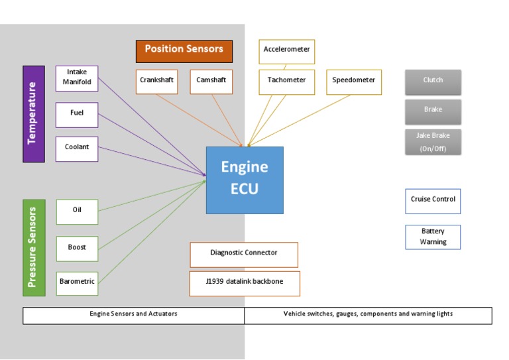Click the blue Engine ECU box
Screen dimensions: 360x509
tap(245, 180)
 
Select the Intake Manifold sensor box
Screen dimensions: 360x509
tap(77, 78)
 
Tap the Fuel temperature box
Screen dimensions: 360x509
tap(77, 114)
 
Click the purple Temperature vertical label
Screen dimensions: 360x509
tap(33, 113)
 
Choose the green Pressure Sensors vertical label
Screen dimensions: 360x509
tap(33, 247)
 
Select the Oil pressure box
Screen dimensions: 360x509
tap(77, 211)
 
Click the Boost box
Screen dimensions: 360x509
tap(77, 248)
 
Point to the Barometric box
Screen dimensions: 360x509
tap(77, 282)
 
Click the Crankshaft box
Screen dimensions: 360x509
tap(157, 81)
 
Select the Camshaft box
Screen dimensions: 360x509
tap(211, 81)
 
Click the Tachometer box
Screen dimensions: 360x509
tap(286, 81)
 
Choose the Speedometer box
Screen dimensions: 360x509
tap(354, 81)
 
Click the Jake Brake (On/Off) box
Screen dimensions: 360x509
tap(433, 142)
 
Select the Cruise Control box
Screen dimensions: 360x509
tap(433, 200)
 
